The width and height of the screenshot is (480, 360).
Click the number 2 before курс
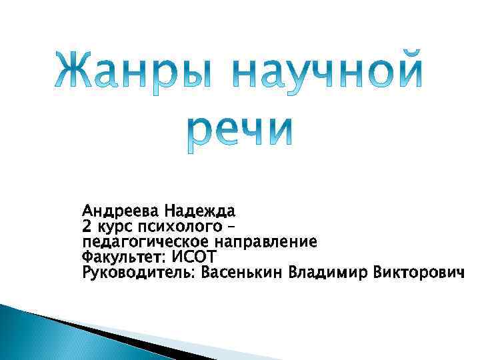86,227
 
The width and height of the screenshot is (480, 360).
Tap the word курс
113,227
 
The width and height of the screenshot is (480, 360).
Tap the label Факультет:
123,257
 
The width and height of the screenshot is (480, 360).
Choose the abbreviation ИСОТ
194,257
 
